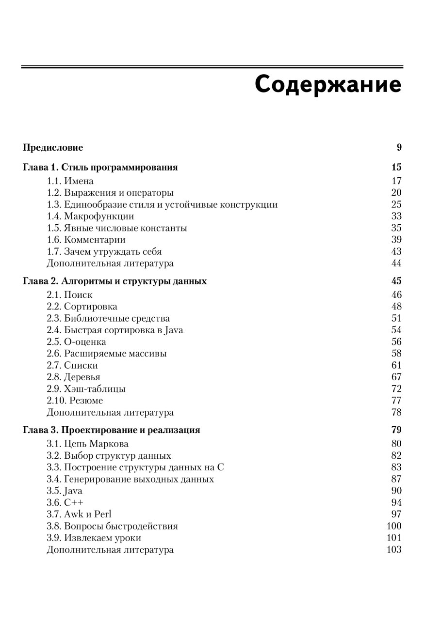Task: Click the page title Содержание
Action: tap(328, 84)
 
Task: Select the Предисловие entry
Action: tap(53, 148)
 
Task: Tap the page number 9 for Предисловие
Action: tap(399, 148)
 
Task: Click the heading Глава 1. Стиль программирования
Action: tap(100, 168)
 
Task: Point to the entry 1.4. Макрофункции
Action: tap(90, 217)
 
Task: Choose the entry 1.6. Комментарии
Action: tap(86, 240)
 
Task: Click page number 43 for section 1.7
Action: tap(396, 252)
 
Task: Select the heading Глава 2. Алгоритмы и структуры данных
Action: tap(114, 281)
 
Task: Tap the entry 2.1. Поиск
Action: tap(69, 295)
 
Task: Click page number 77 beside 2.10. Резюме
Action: tap(396, 401)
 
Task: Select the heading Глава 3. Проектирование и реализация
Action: tap(112, 430)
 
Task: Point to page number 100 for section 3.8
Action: tap(394, 526)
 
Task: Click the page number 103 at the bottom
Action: tap(394, 550)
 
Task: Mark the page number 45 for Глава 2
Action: tap(396, 281)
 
